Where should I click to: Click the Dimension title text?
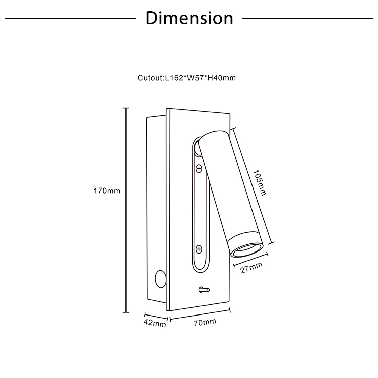(x=189, y=18)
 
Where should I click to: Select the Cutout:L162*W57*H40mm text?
(x=186, y=78)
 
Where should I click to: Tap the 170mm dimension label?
(x=107, y=191)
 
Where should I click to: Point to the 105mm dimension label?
(x=260, y=183)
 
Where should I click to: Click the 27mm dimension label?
(x=251, y=268)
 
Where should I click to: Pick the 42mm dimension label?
(x=155, y=323)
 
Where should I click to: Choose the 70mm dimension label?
(x=205, y=323)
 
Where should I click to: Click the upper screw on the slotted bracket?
(x=199, y=169)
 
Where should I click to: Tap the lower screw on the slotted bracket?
(x=199, y=249)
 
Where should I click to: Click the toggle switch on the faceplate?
(x=204, y=290)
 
